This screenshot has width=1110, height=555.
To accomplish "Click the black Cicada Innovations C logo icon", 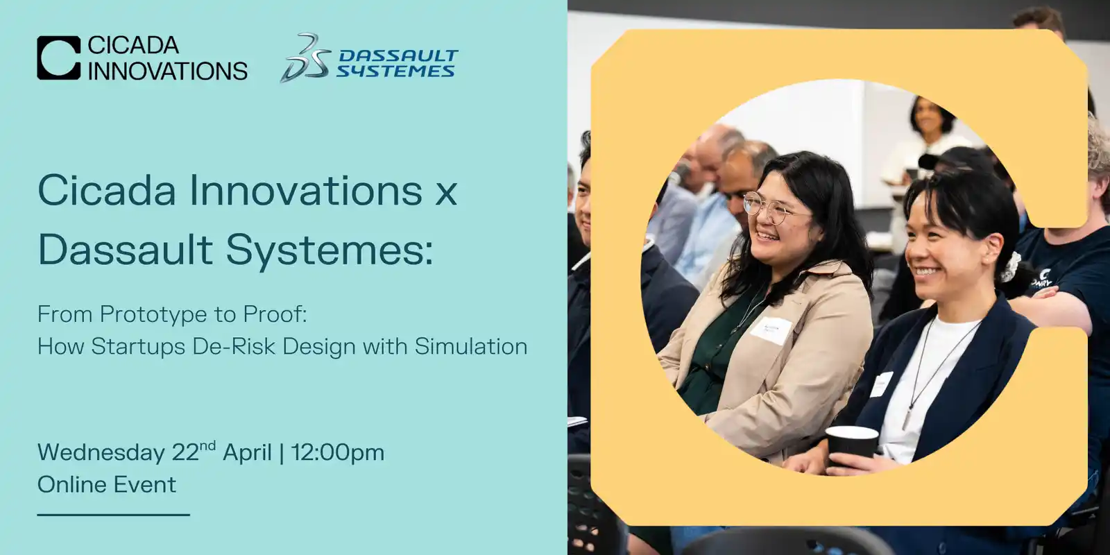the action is [58, 58].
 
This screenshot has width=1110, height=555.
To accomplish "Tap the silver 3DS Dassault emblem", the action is [305, 58].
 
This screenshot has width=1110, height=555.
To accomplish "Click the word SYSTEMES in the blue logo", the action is [395, 71].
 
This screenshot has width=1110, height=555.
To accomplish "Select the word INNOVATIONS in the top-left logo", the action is [167, 71].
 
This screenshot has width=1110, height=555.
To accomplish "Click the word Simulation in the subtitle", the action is [471, 346].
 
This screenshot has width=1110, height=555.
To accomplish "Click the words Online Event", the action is [107, 484].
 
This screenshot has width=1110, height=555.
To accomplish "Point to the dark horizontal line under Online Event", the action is [114, 515].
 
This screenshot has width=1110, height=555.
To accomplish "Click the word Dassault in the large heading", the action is [126, 249].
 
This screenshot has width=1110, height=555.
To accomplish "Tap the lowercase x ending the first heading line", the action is [445, 194].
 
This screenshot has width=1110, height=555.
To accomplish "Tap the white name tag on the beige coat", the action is [771, 330].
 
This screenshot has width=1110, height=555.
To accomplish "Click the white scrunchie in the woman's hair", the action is [1011, 267].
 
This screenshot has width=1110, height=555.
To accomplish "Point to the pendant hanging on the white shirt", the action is [906, 418].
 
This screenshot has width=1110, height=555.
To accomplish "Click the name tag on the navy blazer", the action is [881, 384].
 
